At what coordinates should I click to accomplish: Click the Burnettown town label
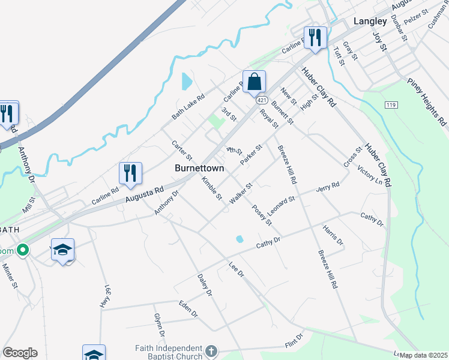click(x=199, y=169)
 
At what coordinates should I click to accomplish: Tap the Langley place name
click(x=370, y=21)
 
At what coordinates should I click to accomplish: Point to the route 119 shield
click(x=391, y=105)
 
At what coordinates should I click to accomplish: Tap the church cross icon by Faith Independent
click(x=210, y=350)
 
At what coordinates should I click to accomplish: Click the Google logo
click(x=20, y=353)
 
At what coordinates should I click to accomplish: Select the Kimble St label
click(x=212, y=188)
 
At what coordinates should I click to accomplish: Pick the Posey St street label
click(x=262, y=215)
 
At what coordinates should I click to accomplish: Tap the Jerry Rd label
click(x=328, y=188)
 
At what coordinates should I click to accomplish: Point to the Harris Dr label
click(x=333, y=236)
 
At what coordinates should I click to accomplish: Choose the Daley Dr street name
click(x=205, y=285)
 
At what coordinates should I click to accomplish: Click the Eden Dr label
click(x=188, y=308)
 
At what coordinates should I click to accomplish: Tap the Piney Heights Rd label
click(x=427, y=101)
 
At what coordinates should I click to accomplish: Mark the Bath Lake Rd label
click(x=188, y=105)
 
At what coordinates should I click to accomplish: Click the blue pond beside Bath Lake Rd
click(x=186, y=80)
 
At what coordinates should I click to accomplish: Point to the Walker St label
click(x=240, y=195)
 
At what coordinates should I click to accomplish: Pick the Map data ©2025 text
click(x=423, y=355)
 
